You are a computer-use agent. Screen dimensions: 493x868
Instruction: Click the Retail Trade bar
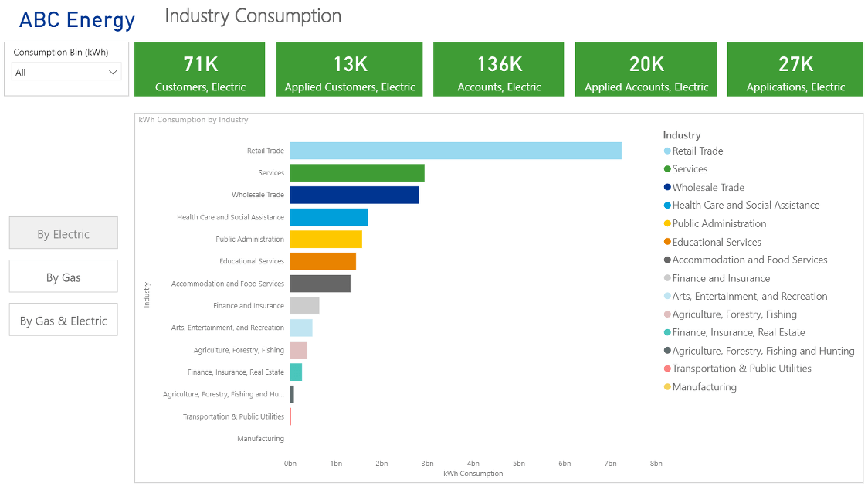pos(456,151)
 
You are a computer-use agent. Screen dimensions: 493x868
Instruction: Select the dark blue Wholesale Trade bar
pos(354,195)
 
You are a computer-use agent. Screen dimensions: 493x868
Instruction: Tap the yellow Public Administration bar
pos(326,240)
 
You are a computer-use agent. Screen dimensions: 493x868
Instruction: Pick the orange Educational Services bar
pos(323,261)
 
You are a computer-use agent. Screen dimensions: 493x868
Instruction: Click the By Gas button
pos(63,277)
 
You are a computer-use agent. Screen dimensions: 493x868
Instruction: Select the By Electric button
pos(63,233)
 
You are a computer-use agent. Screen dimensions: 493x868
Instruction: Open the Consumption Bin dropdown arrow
pos(114,72)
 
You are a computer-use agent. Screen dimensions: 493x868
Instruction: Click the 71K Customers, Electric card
pos(200,70)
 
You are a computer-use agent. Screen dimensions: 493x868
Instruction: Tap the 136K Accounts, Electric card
pos(499,70)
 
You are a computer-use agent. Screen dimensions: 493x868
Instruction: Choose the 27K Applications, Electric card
pos(795,70)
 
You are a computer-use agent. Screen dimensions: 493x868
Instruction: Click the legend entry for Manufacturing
pos(704,387)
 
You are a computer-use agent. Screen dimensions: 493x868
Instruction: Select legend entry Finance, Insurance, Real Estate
pos(737,332)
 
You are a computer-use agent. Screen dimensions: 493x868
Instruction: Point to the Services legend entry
pos(689,169)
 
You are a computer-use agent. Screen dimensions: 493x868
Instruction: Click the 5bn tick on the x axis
pos(519,464)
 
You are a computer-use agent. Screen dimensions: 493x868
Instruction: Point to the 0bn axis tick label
pos(290,464)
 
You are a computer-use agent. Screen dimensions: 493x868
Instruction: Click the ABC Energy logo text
pos(76,20)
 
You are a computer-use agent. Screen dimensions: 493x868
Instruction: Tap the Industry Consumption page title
pos(253,16)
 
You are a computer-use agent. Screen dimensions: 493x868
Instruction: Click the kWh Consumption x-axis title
pos(473,474)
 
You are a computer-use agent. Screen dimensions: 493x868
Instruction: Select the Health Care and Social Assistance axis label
pos(230,217)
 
